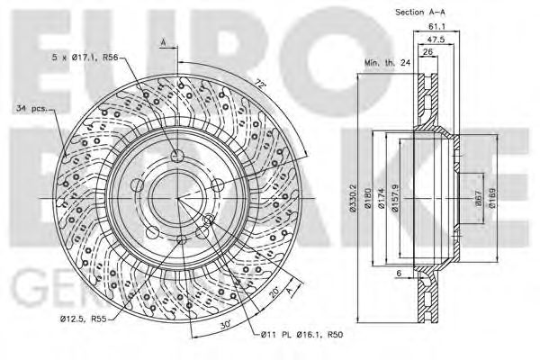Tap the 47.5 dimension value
(x=438, y=40)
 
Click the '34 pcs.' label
(x=31, y=110)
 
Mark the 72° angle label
(x=262, y=84)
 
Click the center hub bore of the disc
(x=177, y=196)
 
